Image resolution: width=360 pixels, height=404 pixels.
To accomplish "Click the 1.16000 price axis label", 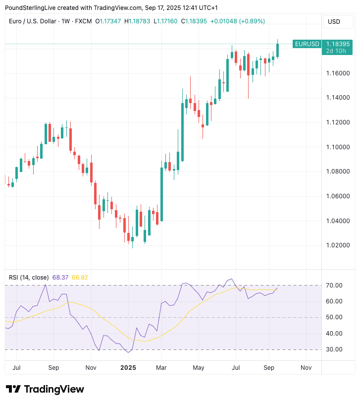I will (x=338, y=73).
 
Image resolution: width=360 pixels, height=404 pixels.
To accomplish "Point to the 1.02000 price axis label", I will (x=338, y=245).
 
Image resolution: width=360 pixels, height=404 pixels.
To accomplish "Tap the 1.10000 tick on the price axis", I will (x=338, y=147).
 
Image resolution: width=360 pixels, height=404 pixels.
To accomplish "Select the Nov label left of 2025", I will (x=91, y=368).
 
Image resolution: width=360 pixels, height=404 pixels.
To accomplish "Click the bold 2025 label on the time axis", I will (x=128, y=368).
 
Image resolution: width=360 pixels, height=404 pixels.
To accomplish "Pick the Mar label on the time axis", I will (x=161, y=368).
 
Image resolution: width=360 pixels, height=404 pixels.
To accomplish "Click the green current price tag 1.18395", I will (x=338, y=44).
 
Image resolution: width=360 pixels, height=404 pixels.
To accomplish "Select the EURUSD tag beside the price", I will (x=307, y=44).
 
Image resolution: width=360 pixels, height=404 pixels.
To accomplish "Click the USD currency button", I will (x=334, y=22).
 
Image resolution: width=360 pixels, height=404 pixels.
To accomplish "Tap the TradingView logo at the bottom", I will (x=45, y=389).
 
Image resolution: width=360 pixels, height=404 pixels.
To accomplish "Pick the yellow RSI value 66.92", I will (x=80, y=277).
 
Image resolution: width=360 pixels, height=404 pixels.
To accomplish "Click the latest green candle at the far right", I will (x=278, y=50).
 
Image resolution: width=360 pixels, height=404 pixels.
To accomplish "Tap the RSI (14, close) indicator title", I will (x=29, y=277).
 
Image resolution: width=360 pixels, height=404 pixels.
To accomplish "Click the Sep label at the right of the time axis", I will (x=269, y=368).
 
